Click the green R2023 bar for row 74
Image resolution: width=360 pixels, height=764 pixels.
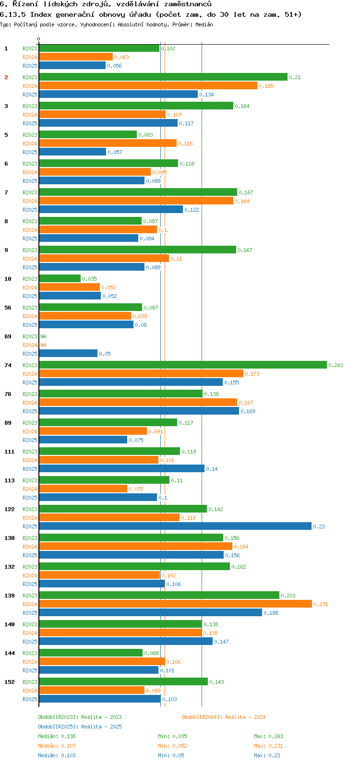[x=182, y=365]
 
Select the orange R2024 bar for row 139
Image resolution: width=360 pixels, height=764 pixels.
[x=175, y=604]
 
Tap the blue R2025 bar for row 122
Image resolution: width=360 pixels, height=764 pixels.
[x=175, y=526]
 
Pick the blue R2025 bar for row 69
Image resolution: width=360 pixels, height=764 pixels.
[x=68, y=354]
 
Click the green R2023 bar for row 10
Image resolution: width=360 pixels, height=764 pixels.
[x=60, y=279]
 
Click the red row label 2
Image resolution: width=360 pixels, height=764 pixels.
[x=6, y=77]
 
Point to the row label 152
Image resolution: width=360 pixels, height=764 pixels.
[x=10, y=682]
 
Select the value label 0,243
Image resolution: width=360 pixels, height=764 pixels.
[x=336, y=365]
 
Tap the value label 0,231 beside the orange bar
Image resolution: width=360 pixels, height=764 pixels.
[x=321, y=604]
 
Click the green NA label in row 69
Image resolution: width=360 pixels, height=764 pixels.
[x=43, y=336]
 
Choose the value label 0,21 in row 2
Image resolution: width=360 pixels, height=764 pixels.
[x=295, y=77]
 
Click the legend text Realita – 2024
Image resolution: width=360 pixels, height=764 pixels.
[x=245, y=717]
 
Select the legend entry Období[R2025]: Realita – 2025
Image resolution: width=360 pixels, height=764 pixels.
[x=80, y=727]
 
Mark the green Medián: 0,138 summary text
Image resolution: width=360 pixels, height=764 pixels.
[x=57, y=736]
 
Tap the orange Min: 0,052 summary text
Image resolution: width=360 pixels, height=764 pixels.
[x=172, y=746]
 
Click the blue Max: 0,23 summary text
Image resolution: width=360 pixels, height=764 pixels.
[x=267, y=755]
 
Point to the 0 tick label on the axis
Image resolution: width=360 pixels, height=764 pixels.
[x=39, y=39]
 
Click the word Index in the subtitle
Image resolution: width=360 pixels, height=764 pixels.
[x=40, y=14]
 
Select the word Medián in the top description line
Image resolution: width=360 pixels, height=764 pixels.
[x=204, y=24]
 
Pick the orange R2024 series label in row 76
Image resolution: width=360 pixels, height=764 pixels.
[x=30, y=403]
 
